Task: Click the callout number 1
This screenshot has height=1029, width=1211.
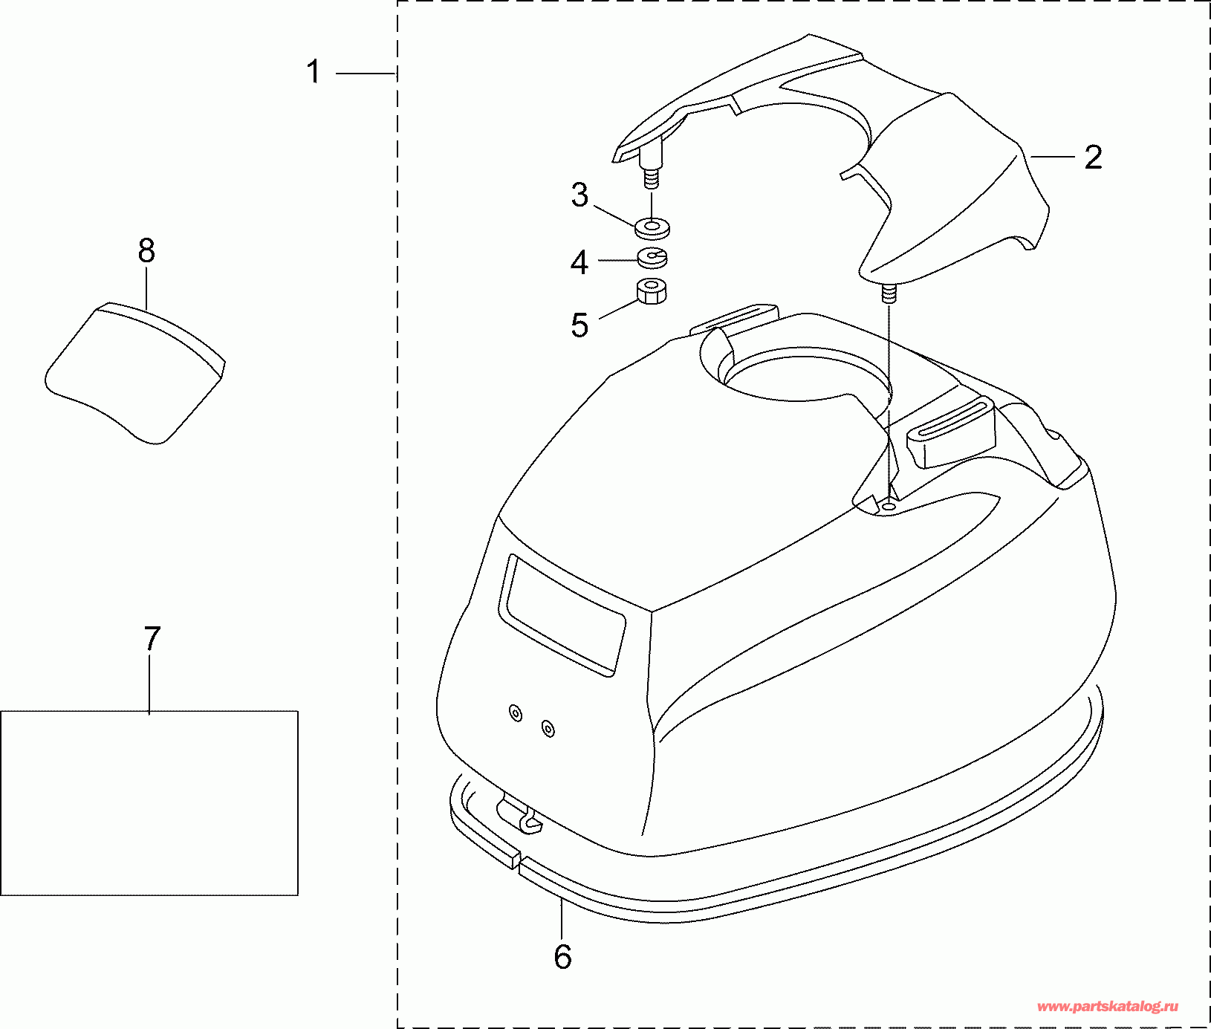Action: click(314, 73)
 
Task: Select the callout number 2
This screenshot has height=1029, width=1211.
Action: click(1093, 158)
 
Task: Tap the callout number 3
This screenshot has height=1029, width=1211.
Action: click(579, 195)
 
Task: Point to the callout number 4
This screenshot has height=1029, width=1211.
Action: click(579, 262)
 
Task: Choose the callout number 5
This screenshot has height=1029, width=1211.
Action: click(579, 325)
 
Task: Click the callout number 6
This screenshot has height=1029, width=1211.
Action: click(562, 957)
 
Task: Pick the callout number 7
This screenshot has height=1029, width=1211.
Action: click(152, 638)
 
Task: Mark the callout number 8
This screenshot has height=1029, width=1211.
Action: click(146, 251)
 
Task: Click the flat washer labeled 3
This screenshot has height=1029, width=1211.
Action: click(652, 227)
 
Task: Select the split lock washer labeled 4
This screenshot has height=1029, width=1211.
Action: click(652, 257)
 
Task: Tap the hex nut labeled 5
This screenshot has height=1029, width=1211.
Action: click(652, 290)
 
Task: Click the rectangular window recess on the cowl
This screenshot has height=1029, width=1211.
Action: click(564, 615)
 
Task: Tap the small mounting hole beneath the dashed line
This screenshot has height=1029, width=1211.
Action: click(889, 506)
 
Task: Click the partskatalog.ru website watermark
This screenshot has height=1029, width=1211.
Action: click(1107, 1007)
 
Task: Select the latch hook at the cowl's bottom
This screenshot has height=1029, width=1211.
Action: click(520, 814)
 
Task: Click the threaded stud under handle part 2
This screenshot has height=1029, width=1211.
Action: click(889, 293)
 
